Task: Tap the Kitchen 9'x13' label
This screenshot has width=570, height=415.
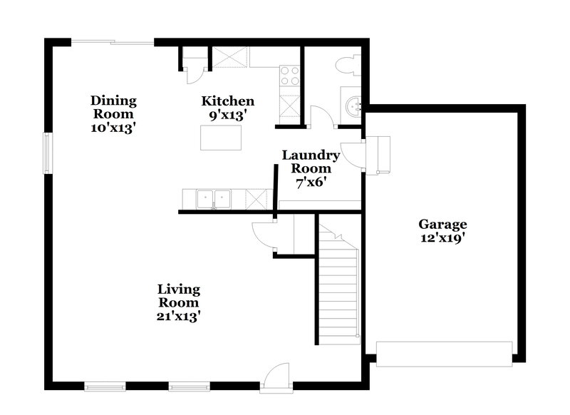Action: tap(227, 108)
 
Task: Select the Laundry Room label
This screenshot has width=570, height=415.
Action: tap(311, 168)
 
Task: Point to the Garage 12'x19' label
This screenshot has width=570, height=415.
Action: tap(442, 231)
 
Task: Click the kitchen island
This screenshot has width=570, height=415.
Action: tap(220, 138)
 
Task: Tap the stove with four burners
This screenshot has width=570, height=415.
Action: tap(289, 76)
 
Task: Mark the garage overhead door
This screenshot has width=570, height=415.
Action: tap(444, 354)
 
